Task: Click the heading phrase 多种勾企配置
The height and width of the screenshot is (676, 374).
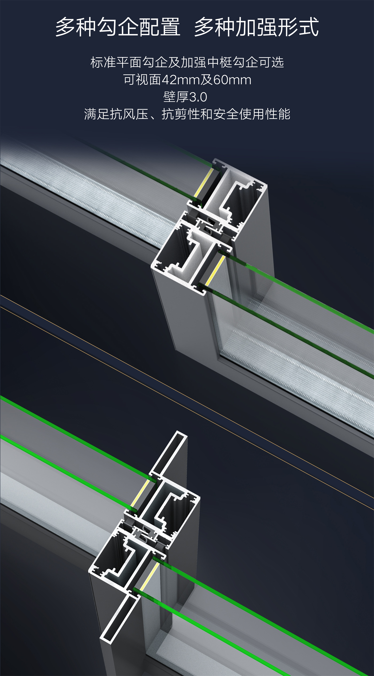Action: (x=118, y=27)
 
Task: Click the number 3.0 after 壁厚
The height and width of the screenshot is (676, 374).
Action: (x=198, y=97)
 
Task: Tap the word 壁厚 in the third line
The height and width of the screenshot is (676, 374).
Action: (x=176, y=97)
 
